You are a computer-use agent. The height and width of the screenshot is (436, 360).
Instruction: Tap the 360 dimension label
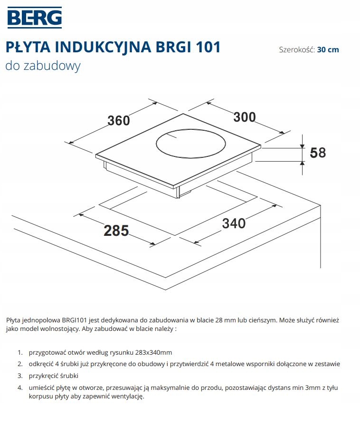118,121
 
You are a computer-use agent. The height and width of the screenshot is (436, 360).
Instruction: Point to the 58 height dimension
318,153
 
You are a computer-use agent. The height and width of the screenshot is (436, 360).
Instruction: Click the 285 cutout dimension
116,231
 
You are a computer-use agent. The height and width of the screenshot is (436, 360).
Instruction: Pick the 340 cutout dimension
234,223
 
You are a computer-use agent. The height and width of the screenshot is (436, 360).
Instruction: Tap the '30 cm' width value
328,49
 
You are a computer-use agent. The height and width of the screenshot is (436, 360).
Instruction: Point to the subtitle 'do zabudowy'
43,66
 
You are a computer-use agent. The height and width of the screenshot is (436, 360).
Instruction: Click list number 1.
20,353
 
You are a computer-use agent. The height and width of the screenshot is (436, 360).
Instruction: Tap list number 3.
20,376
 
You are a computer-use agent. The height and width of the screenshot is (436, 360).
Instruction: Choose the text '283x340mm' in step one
153,353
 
